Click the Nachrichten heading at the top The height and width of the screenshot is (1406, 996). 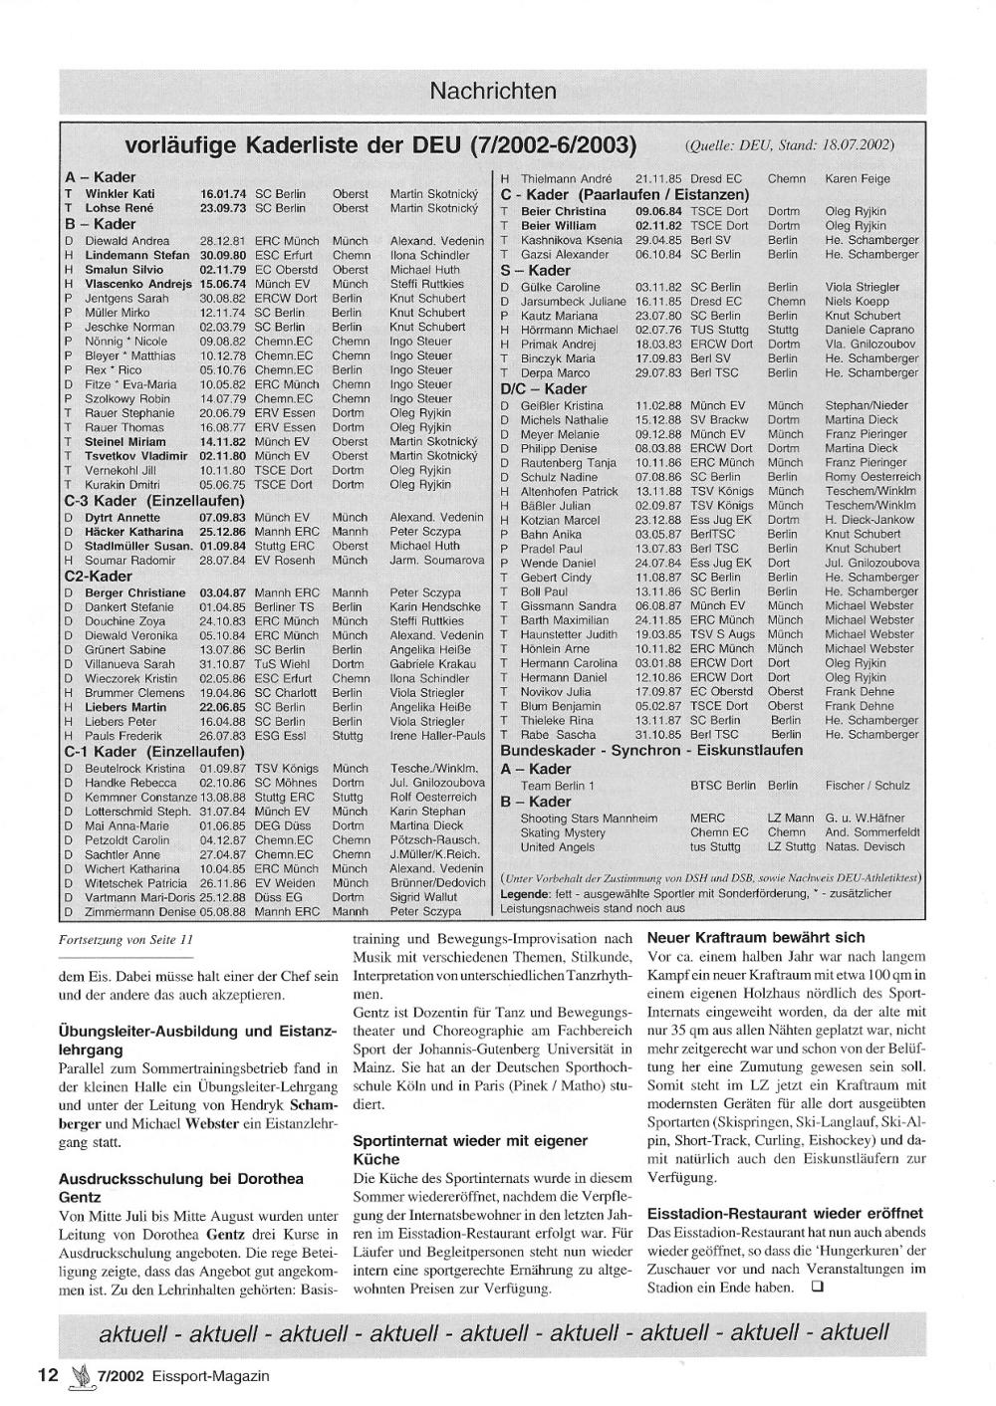click(493, 92)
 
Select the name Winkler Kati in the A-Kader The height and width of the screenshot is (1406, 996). click(120, 194)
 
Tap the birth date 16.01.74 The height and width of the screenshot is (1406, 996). click(223, 194)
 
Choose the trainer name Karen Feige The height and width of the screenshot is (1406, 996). click(858, 179)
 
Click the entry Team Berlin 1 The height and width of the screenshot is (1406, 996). click(557, 786)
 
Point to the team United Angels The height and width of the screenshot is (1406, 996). click(557, 847)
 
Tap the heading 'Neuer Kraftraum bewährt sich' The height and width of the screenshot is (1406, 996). click(756, 938)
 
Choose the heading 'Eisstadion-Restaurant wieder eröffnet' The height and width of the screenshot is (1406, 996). click(785, 1214)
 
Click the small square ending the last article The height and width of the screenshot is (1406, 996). click(818, 1287)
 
